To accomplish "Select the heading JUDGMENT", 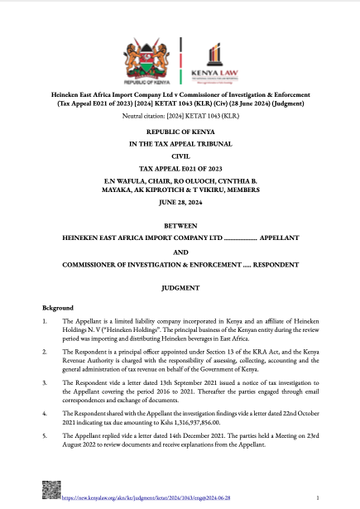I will click(180, 288).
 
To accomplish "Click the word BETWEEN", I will click(180, 225).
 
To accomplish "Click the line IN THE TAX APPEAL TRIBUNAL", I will click(180, 144).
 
